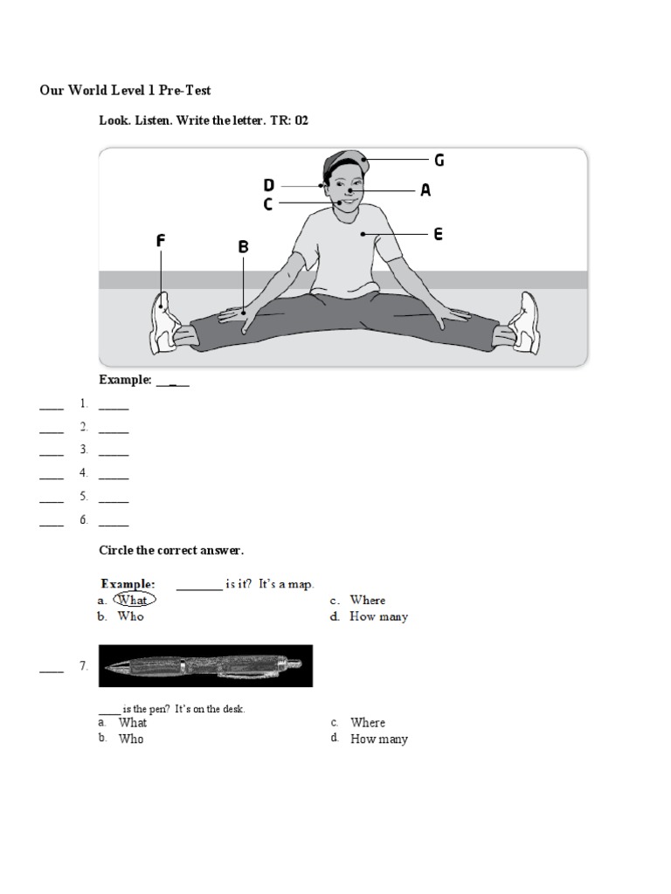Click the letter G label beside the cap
[439, 160]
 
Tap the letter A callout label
[425, 189]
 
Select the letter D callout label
[269, 185]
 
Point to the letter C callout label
[268, 204]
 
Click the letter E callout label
[438, 234]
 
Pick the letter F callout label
[161, 241]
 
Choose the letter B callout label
[244, 247]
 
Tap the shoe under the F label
[164, 323]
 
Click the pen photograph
[205, 666]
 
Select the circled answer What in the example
[133, 600]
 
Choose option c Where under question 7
[367, 723]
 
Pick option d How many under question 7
[378, 739]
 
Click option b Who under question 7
[131, 739]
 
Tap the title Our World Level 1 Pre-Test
[125, 90]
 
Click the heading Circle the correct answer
[171, 550]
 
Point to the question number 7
[83, 666]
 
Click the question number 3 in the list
[84, 450]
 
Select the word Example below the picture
[126, 381]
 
